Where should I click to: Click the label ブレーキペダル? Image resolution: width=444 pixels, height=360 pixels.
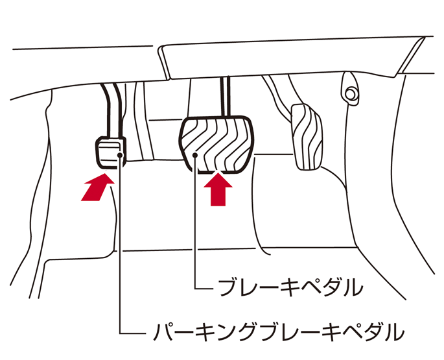289,285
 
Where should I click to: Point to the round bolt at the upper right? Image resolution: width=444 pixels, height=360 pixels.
350,93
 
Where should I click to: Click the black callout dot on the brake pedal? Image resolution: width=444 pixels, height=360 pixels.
196,156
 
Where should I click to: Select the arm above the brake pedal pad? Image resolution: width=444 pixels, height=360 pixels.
226,97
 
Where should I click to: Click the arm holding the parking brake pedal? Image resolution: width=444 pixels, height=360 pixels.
111,110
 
